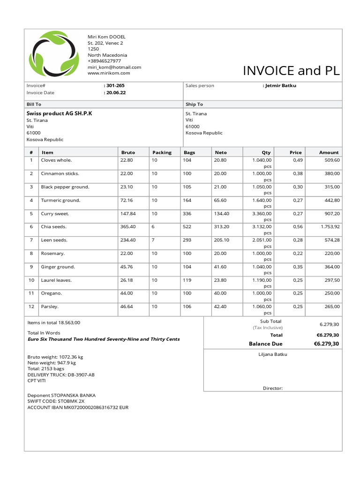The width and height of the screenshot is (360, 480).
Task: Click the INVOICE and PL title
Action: point(291,71)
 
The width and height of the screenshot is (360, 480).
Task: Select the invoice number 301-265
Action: point(115,86)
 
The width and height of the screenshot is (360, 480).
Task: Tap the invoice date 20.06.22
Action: point(115,93)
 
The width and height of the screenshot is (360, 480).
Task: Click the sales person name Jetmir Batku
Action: point(280,86)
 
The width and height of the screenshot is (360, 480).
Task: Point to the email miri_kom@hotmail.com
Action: point(114,67)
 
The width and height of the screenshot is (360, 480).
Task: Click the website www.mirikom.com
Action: point(109,73)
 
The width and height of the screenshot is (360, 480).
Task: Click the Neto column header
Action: point(220,152)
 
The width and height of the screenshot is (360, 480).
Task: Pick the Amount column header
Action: point(329,152)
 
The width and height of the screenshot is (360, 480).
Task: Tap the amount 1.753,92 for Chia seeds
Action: point(330,227)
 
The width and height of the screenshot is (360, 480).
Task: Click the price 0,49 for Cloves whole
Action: point(297,160)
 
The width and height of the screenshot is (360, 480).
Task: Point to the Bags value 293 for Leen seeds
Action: point(188,240)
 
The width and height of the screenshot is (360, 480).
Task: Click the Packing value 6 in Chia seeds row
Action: point(153,227)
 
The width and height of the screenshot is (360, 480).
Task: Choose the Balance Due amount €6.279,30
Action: point(326,344)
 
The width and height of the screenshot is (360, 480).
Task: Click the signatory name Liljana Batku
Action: point(272,354)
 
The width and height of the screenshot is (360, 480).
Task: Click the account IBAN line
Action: point(78,408)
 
